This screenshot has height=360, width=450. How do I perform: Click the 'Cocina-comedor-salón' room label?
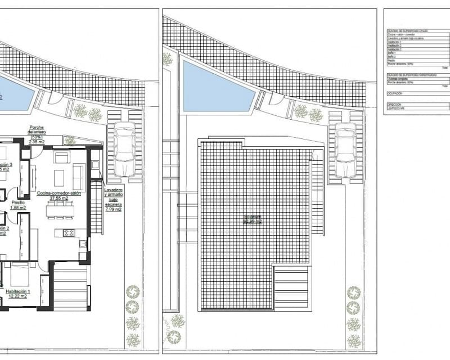(59, 193)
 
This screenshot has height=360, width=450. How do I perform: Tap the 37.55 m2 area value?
(59, 199)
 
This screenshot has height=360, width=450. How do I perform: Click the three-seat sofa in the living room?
(79, 177)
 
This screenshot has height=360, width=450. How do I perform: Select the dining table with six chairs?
(60, 210)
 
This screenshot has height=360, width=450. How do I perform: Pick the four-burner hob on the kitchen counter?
(69, 233)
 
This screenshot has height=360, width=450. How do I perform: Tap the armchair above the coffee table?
(61, 157)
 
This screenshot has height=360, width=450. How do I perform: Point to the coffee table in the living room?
(60, 178)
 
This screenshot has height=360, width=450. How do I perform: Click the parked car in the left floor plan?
(124, 151)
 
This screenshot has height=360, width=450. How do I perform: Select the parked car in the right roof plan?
(345, 151)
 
